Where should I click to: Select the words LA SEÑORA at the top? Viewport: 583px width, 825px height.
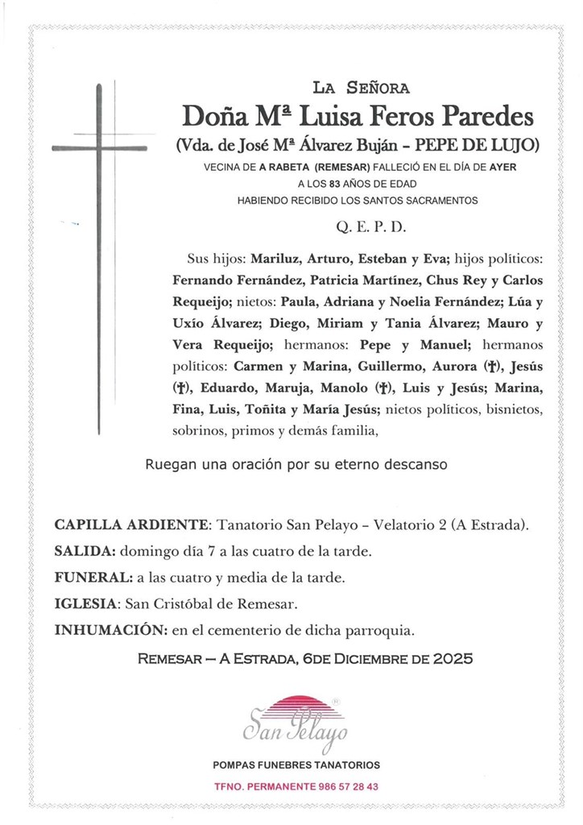tap(361, 87)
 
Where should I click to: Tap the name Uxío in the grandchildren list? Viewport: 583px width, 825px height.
tap(190, 324)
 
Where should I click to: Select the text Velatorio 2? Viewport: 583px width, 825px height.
tap(407, 525)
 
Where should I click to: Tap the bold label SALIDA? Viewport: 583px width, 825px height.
tap(85, 552)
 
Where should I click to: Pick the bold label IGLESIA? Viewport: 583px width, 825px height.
tap(88, 603)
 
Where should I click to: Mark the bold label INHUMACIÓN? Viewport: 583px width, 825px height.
tap(106, 630)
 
